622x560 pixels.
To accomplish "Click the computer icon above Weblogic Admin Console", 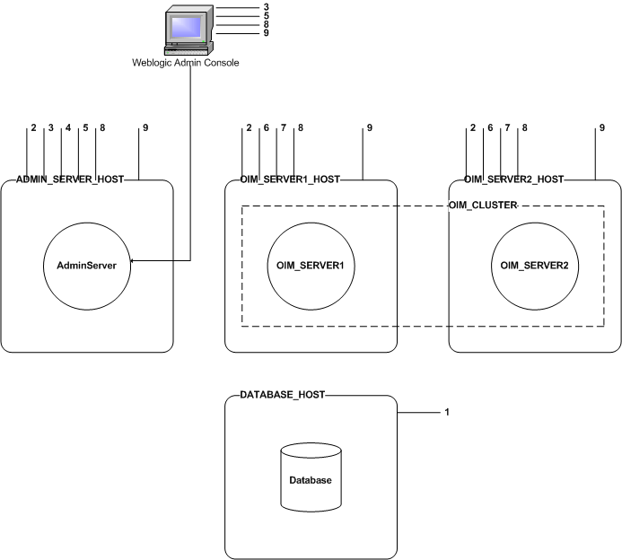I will click(x=188, y=30).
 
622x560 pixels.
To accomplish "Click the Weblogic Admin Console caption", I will click(x=187, y=61).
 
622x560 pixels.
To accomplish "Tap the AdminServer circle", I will click(x=88, y=265).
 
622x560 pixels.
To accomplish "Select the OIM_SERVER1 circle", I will click(x=310, y=265).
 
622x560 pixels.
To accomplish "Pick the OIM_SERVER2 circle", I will click(x=535, y=265).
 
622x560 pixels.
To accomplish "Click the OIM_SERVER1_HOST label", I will click(x=291, y=179).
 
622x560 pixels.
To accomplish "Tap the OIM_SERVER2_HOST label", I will click(x=514, y=179).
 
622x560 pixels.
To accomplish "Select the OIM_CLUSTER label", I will click(x=483, y=206).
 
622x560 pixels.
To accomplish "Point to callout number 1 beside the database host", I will click(x=446, y=413).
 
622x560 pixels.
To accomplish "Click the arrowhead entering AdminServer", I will click(x=133, y=261).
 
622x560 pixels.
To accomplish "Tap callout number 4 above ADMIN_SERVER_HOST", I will click(x=68, y=128).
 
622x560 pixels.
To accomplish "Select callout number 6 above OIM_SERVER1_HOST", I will click(x=266, y=128).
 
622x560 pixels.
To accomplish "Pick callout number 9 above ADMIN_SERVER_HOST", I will click(x=144, y=128).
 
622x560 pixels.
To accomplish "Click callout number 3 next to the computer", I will click(x=266, y=8).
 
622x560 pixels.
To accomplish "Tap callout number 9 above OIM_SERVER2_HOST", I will click(x=602, y=128).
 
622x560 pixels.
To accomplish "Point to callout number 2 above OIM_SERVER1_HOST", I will click(x=249, y=128).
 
